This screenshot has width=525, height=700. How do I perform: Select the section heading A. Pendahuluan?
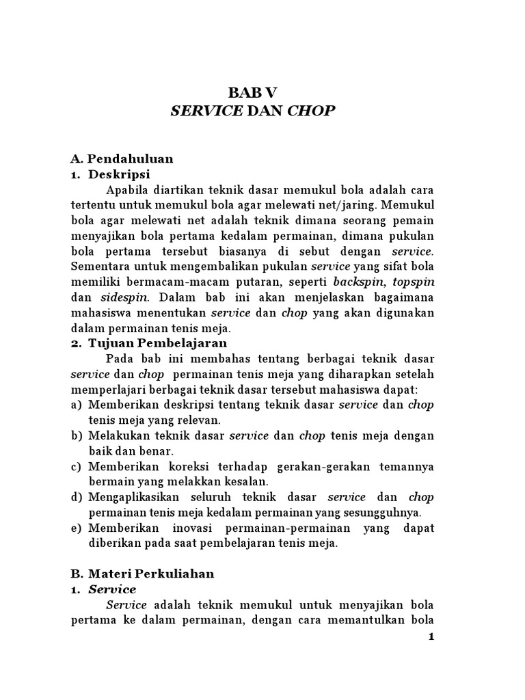[122, 159]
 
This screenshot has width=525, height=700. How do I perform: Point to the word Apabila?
[129, 189]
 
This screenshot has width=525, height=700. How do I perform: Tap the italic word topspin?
[413, 282]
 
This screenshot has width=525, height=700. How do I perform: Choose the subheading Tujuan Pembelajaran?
[157, 342]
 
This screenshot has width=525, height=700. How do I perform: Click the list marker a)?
[77, 405]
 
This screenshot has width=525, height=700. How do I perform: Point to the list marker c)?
[77, 466]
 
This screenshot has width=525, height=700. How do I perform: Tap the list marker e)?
[77, 528]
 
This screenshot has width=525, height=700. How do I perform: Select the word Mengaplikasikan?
[136, 497]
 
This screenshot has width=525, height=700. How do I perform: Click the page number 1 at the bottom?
[431, 637]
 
